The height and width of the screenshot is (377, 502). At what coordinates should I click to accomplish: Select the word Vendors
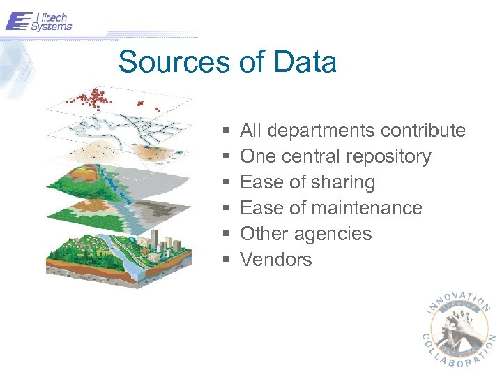coord(276,260)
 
